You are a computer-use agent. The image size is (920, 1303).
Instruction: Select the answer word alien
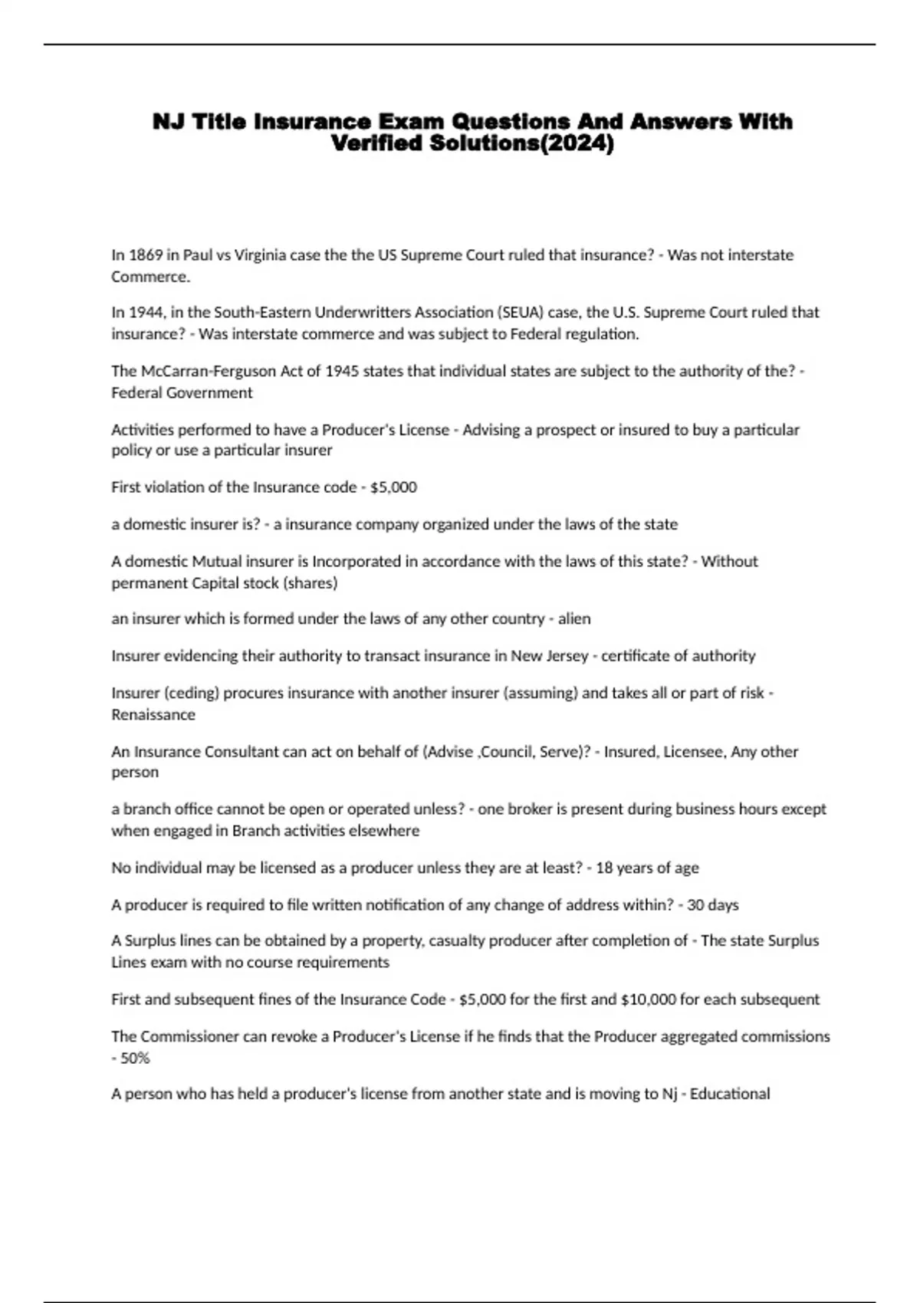(574, 619)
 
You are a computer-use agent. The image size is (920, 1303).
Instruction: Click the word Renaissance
(153, 714)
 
